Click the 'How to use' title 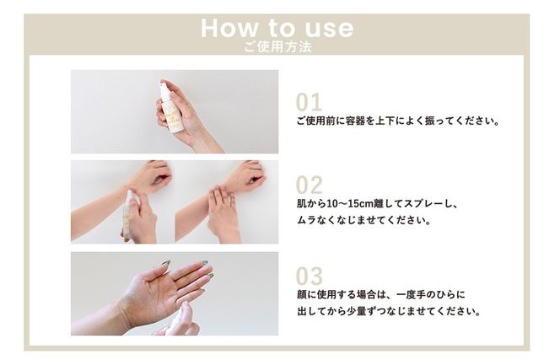click(277, 27)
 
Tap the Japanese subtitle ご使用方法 click(277, 47)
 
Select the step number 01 click(309, 102)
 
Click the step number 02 click(309, 185)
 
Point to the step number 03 click(309, 276)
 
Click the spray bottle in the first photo click(172, 110)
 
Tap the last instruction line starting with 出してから click(388, 311)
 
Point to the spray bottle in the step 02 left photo click(129, 211)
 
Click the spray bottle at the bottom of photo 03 click(180, 321)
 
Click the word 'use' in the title click(327, 27)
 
